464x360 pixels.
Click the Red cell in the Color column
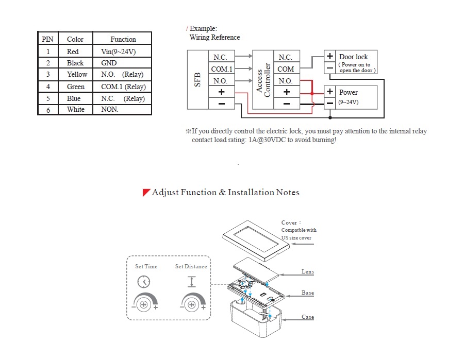(x=73, y=52)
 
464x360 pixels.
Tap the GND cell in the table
(x=109, y=63)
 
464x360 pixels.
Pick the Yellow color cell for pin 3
(x=77, y=74)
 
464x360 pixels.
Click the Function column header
(x=123, y=39)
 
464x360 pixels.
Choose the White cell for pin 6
(x=75, y=109)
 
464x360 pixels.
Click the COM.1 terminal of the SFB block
(x=222, y=68)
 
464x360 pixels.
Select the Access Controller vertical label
(x=263, y=80)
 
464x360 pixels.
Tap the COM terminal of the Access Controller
(x=286, y=68)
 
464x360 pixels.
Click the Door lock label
(x=354, y=57)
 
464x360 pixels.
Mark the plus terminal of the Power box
(x=330, y=92)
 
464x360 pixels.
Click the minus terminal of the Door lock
(x=330, y=68)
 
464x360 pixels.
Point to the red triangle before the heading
(x=146, y=193)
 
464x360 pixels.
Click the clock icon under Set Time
(x=144, y=282)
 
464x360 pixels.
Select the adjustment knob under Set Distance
(x=191, y=304)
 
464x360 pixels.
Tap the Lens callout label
(x=308, y=271)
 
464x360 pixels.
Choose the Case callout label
(x=308, y=317)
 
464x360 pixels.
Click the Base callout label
(x=308, y=293)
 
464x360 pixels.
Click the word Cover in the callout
(x=289, y=223)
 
